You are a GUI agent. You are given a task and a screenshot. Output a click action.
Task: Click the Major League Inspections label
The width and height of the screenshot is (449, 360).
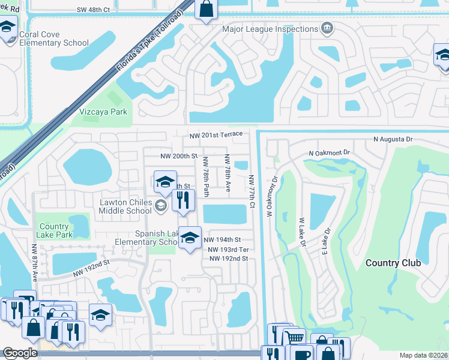point(270,29)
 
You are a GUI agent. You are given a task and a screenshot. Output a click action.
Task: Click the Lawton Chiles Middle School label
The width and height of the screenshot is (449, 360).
point(125,207)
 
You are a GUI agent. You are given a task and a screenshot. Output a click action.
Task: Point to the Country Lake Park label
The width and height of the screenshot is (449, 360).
point(55,230)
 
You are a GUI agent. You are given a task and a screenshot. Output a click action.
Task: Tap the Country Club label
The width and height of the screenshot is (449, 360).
point(393,263)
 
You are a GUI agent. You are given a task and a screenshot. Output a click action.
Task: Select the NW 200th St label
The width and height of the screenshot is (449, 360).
point(179,156)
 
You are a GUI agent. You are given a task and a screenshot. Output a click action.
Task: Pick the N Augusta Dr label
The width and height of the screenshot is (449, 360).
point(393,139)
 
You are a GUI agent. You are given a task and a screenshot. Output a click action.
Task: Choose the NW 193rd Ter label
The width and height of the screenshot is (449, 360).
point(228,250)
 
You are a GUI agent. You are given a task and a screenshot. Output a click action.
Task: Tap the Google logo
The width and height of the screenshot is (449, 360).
point(20,353)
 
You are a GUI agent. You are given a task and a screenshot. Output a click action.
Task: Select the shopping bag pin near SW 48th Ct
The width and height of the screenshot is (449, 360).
point(205,9)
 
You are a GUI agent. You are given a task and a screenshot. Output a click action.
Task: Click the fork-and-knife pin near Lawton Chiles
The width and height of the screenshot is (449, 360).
point(183,200)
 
